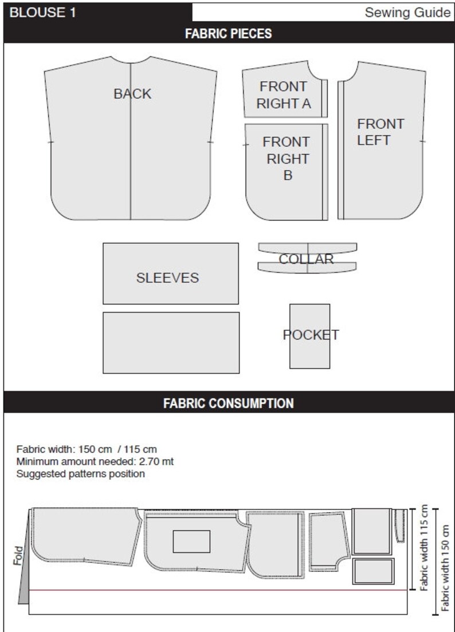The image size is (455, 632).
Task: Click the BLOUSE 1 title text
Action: tap(43, 13)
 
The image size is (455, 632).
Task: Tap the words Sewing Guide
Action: tap(407, 13)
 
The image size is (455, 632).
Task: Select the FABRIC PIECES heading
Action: tap(228, 33)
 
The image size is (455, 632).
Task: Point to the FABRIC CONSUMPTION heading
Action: tap(228, 404)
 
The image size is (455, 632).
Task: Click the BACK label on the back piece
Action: tap(132, 94)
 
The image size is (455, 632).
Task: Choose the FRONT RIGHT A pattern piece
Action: tap(284, 89)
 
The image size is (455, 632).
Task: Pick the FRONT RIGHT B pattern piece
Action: tap(287, 172)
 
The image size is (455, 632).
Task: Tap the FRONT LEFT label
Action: tap(381, 132)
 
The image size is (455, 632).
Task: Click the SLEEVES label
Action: tap(167, 278)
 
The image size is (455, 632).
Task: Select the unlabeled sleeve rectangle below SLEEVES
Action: tap(171, 342)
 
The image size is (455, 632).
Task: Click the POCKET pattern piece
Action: tap(310, 336)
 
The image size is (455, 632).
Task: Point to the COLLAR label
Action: tap(306, 259)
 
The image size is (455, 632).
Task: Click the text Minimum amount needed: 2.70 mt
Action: tap(95, 461)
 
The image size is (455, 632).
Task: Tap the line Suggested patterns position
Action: tap(81, 473)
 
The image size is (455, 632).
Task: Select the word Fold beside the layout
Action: tap(18, 556)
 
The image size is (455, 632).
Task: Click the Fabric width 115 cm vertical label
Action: tap(423, 548)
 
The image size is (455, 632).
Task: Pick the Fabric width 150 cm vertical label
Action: tap(445, 568)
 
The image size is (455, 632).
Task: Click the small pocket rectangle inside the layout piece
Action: tap(191, 542)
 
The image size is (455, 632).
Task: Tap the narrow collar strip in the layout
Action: tap(399, 526)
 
